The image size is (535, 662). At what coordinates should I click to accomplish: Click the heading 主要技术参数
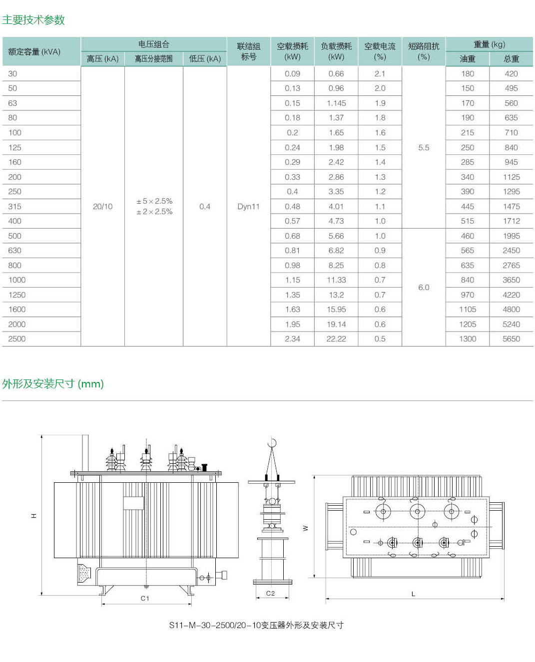coord(33,20)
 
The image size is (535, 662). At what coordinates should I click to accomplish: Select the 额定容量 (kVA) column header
coord(34,52)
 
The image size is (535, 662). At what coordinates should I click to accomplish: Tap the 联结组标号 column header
coord(248,51)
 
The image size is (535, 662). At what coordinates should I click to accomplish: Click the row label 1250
coord(17,295)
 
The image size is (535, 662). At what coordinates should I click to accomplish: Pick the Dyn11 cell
coord(248,206)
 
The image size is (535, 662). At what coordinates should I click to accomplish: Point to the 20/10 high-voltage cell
coord(102,206)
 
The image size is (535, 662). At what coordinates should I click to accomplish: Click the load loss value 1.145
coord(336,103)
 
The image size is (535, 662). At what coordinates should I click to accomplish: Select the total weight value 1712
coord(511,221)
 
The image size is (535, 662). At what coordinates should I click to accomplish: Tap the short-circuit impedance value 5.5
coord(424,147)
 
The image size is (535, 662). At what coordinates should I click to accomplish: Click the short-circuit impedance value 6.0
coord(424,287)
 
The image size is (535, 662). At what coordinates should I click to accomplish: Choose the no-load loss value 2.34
coord(292,338)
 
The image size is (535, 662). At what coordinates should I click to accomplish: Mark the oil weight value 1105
coord(468,309)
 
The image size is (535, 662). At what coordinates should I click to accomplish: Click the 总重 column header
coord(511,59)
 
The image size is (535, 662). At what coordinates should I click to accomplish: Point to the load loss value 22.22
coord(336,338)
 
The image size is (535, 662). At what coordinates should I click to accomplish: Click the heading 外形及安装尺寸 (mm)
coord(53,384)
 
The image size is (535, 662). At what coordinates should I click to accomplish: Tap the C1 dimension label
coord(145,598)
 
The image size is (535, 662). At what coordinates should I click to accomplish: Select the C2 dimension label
coord(270,593)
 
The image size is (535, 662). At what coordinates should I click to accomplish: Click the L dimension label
coord(413,594)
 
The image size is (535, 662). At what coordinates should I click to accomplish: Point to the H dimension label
coord(34,515)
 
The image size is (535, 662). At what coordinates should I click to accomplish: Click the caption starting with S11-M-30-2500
coord(256,625)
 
